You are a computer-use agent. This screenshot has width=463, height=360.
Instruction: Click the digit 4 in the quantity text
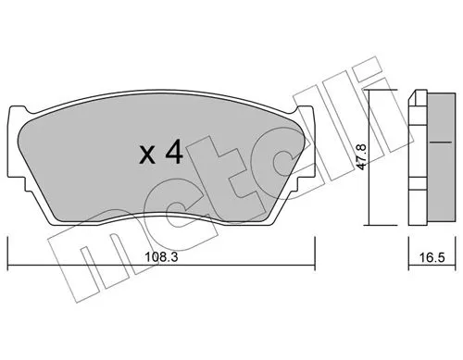pyautogui.click(x=173, y=154)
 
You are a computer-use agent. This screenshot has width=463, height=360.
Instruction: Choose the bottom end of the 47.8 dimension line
pyautogui.click(x=369, y=224)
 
